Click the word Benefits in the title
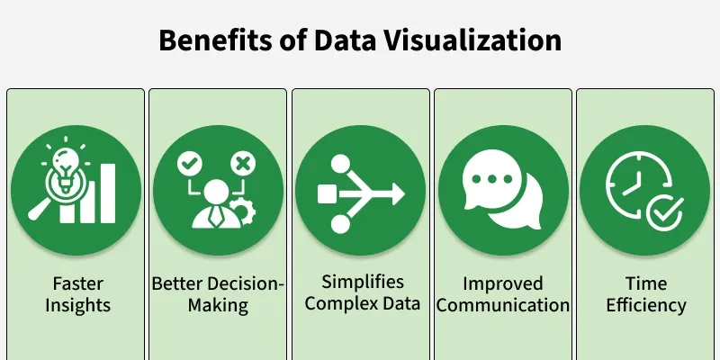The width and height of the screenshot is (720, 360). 215,40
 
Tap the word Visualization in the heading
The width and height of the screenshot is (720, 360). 472,40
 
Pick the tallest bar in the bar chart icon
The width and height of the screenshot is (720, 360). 108,193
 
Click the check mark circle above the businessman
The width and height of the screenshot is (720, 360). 190,164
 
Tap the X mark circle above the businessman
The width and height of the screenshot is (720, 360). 243,164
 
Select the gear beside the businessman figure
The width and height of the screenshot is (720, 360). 242,211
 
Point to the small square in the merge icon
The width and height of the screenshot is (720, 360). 325,193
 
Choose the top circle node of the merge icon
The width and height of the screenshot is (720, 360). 341,164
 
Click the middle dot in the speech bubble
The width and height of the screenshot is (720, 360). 492,178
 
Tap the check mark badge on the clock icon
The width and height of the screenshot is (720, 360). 665,212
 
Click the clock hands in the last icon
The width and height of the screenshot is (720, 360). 634,182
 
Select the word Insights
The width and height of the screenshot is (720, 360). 78,305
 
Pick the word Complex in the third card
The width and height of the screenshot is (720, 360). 336,303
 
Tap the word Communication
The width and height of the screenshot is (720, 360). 503,305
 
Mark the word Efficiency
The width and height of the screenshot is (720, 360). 646,305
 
